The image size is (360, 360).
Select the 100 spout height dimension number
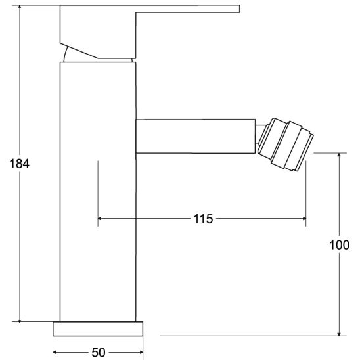coord(339,245)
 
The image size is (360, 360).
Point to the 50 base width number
coord(98,353)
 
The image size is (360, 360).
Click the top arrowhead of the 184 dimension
coord(20,11)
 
